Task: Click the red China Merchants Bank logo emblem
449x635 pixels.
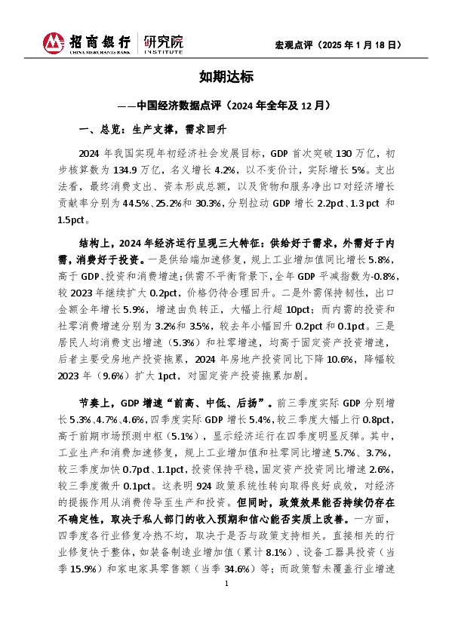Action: [x=54, y=44]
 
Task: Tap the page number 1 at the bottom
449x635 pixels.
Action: [x=225, y=606]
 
